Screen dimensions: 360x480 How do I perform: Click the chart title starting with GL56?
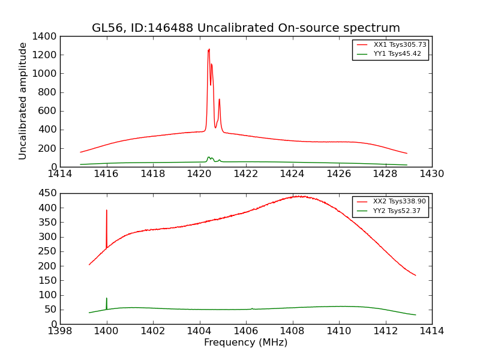pos(245,28)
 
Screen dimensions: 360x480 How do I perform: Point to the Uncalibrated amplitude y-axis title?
pos(23,101)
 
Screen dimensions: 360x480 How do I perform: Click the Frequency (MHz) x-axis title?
pos(245,343)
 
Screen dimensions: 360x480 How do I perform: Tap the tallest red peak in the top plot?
pos(209,50)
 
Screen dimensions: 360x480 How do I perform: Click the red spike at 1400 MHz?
pos(107,211)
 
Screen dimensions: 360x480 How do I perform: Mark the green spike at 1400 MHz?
pos(107,299)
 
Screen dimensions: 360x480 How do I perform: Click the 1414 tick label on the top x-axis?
pos(60,174)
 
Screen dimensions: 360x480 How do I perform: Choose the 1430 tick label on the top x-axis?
pos(431,174)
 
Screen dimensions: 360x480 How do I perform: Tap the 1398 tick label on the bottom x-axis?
pos(60,331)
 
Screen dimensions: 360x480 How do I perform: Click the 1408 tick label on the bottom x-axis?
pos(292,331)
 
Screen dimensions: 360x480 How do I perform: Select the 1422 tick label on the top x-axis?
pos(245,174)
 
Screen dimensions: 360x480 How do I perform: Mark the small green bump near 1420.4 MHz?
pos(209,158)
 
